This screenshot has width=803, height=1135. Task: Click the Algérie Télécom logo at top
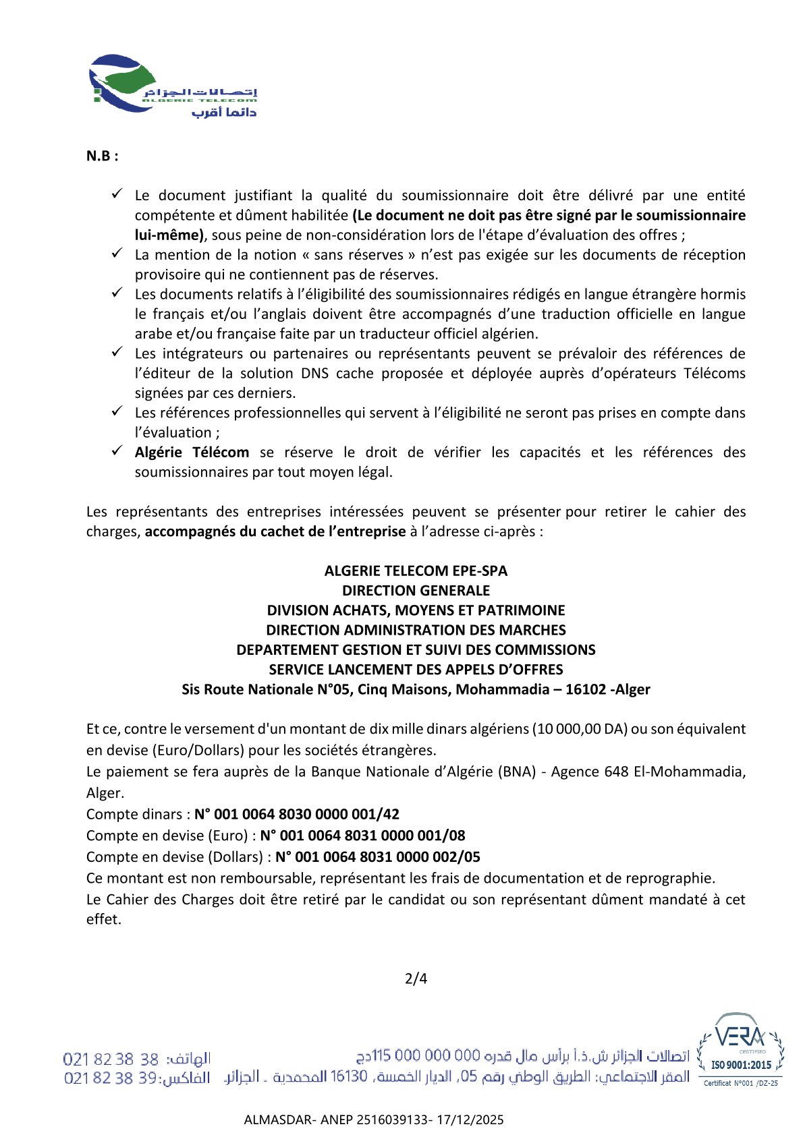(x=173, y=86)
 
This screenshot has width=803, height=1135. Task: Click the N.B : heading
(x=103, y=156)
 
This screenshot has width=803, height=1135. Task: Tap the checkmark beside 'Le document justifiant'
(x=117, y=194)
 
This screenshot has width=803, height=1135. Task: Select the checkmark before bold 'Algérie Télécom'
(x=117, y=451)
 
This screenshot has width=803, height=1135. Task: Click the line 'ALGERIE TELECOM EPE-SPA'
(x=416, y=571)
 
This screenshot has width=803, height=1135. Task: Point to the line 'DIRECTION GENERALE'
(x=416, y=591)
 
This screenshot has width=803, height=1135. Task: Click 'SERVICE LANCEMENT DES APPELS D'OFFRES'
(x=416, y=670)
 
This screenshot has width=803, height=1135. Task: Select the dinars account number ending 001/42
(x=297, y=814)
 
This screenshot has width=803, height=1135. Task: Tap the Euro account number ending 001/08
(x=363, y=836)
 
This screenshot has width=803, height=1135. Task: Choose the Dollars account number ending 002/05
(x=378, y=857)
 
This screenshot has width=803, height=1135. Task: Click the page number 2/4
(x=416, y=979)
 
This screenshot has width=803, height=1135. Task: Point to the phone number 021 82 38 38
(x=111, y=1059)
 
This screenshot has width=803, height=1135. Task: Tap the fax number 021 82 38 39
(x=111, y=1078)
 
